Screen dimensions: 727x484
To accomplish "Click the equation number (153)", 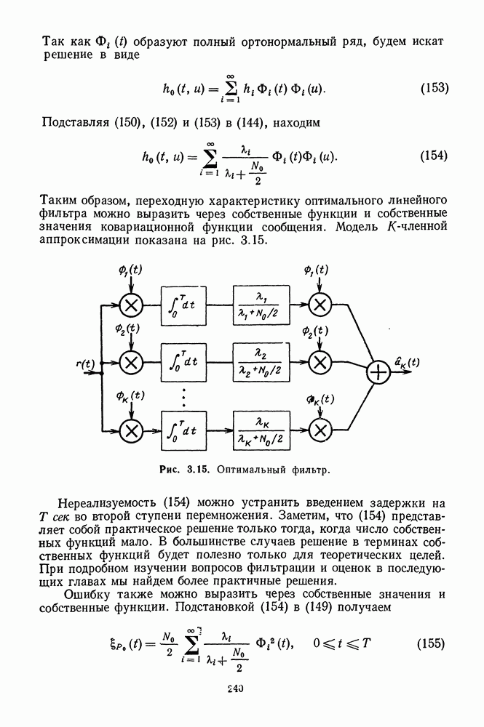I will pos(435,89).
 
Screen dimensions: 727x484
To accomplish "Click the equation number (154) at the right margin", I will pos(435,156).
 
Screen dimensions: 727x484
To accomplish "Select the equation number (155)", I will pos(434,643).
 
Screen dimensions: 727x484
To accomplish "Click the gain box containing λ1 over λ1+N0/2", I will pos(261,305).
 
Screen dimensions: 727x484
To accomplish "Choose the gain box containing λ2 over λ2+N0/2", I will pos(261,361).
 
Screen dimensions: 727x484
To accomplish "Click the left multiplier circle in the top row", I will pos(131,305).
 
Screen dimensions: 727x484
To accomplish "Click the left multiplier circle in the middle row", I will pos(131,361).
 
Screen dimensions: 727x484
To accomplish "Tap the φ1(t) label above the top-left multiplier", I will pos(129,270).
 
